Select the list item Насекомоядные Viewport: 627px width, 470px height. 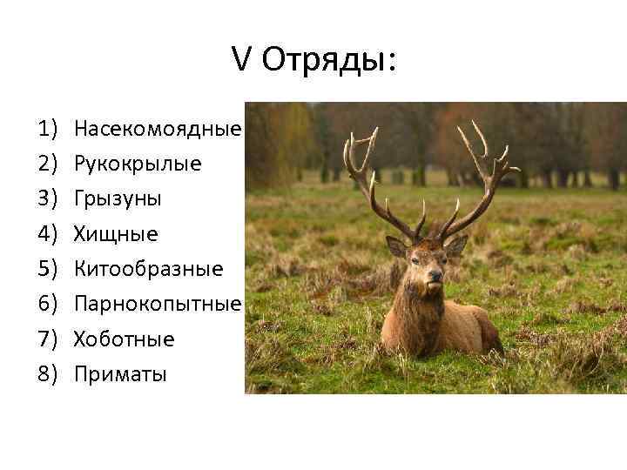point(158,129)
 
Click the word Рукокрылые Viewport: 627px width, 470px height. point(138,164)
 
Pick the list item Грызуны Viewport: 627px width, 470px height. point(118,198)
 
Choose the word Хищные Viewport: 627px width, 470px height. point(116,233)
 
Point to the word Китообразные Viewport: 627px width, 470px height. point(148,269)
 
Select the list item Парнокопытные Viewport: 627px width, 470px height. point(158,304)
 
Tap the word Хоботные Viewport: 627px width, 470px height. point(125,339)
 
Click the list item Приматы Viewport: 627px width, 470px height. point(120,374)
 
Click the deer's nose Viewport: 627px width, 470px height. point(434,277)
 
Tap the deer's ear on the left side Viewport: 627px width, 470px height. point(396,246)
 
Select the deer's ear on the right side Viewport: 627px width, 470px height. point(456,245)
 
